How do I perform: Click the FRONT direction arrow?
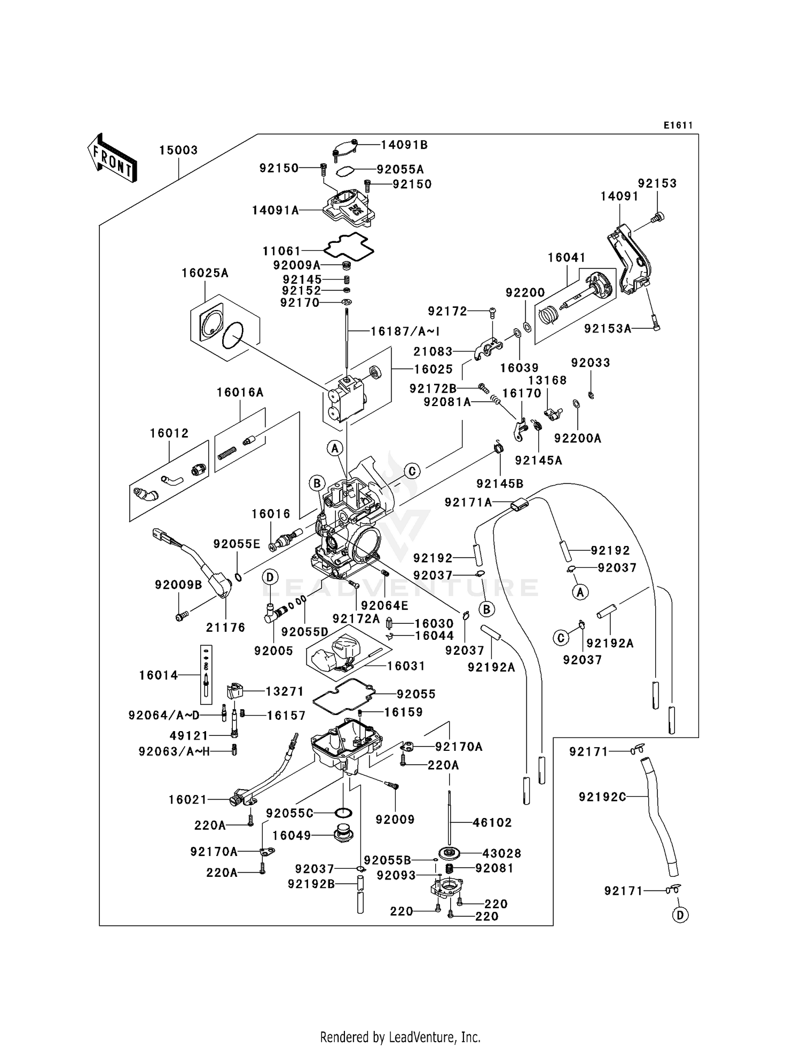112,158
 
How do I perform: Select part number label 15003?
178,150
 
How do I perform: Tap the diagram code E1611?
678,125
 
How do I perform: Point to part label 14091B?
404,145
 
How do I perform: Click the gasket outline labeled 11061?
349,245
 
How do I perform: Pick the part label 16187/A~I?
405,331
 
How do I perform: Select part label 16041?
567,258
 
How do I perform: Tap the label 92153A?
607,329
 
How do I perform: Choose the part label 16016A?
240,393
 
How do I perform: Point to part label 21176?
226,628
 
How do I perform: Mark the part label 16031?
406,666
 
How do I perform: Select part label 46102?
492,822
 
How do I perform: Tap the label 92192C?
602,797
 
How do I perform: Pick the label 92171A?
468,502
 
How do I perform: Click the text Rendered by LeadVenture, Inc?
400,1037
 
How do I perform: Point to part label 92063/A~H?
174,751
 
